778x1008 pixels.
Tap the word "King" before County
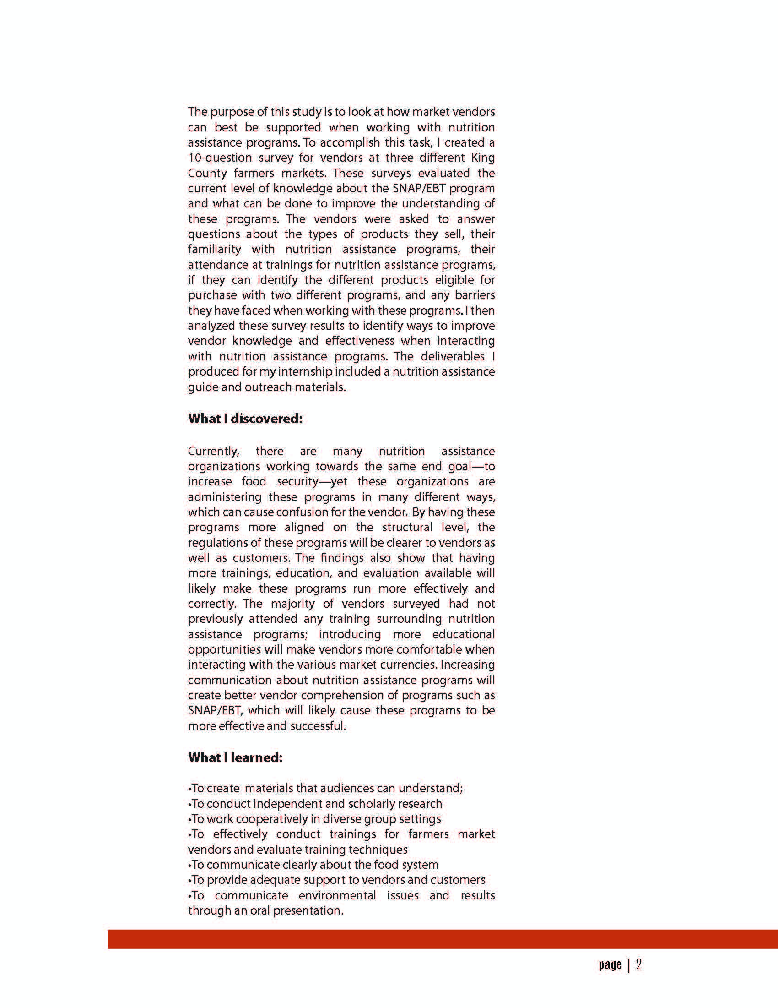(x=483, y=158)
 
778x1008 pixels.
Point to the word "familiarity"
(x=215, y=250)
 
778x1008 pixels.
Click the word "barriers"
(x=475, y=295)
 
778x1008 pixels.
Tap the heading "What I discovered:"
(x=245, y=419)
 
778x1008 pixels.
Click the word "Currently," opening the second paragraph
(x=214, y=452)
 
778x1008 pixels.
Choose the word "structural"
(x=407, y=528)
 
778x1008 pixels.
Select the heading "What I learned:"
(x=235, y=757)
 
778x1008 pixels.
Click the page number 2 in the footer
(x=639, y=964)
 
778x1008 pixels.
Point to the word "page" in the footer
(x=610, y=964)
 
